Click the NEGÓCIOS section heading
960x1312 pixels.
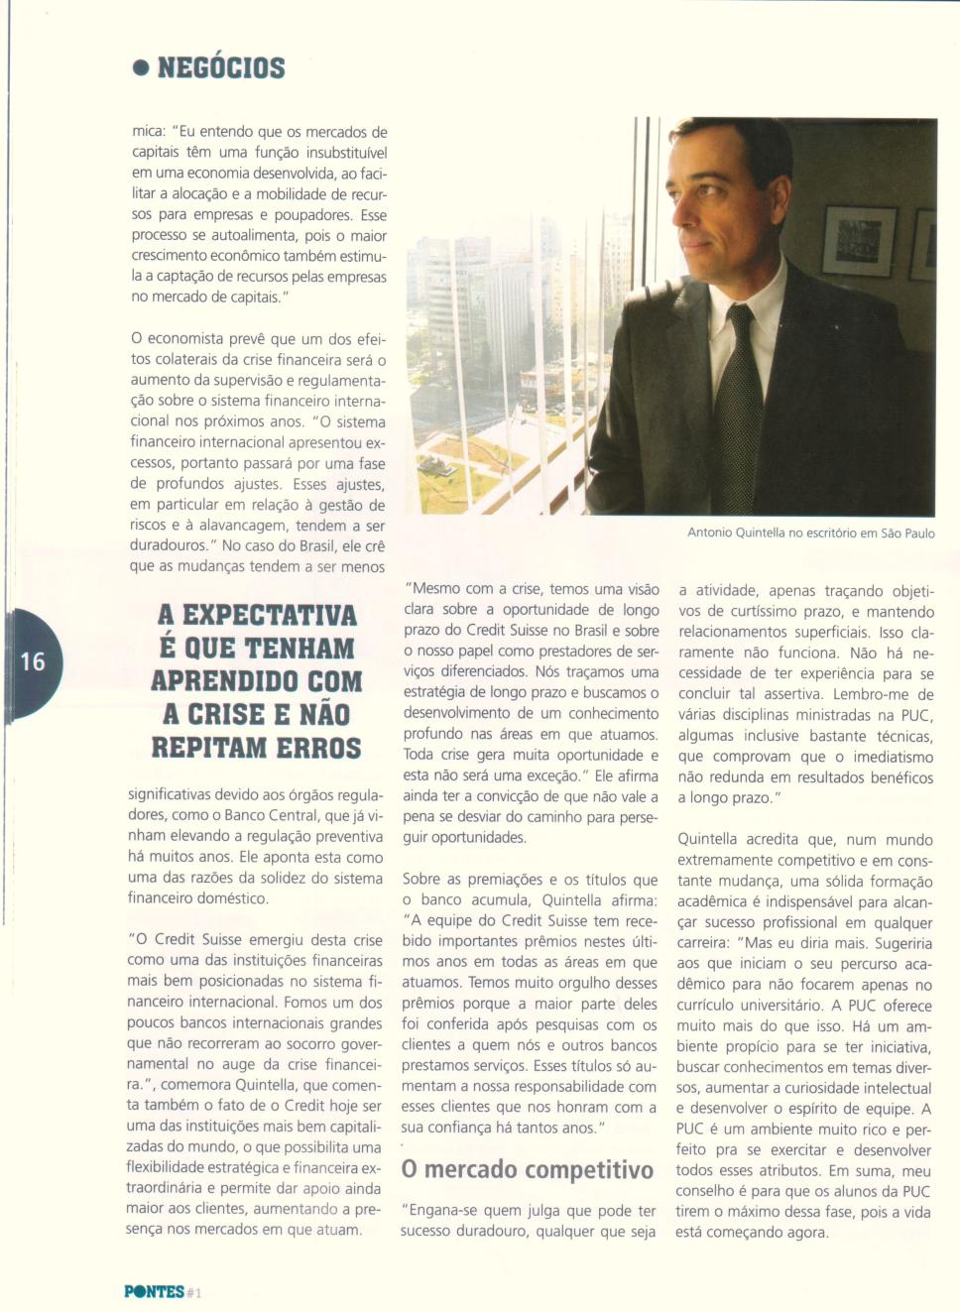(x=220, y=67)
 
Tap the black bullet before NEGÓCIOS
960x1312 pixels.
(x=141, y=68)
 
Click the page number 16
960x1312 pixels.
(x=33, y=661)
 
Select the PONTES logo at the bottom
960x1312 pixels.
(x=154, y=1291)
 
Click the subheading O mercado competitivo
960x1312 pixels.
(x=527, y=1170)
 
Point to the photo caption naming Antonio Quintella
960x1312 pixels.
(x=810, y=533)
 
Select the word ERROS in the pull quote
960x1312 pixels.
(x=318, y=748)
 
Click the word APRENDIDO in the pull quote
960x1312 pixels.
(x=223, y=681)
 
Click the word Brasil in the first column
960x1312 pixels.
(x=307, y=546)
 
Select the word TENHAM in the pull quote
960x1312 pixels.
(x=299, y=649)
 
